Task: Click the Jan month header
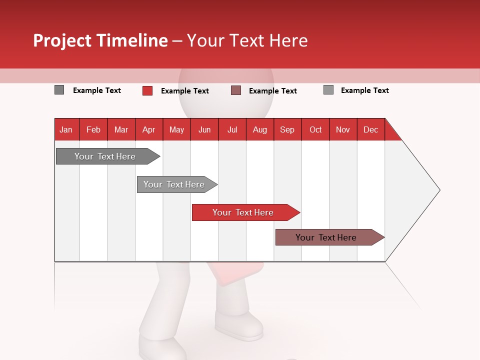pyautogui.click(x=66, y=129)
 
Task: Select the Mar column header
pyautogui.click(x=121, y=129)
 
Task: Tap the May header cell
pyautogui.click(x=176, y=129)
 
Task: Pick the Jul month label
pyautogui.click(x=232, y=129)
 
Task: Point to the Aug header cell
pyautogui.click(x=259, y=129)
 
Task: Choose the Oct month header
pyautogui.click(x=315, y=129)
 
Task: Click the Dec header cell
pyautogui.click(x=370, y=129)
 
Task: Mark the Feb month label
pyautogui.click(x=93, y=129)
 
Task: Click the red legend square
pyautogui.click(x=147, y=90)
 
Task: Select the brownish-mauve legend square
pyautogui.click(x=236, y=90)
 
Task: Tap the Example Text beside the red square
pyautogui.click(x=185, y=91)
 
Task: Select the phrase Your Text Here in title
pyautogui.click(x=247, y=40)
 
